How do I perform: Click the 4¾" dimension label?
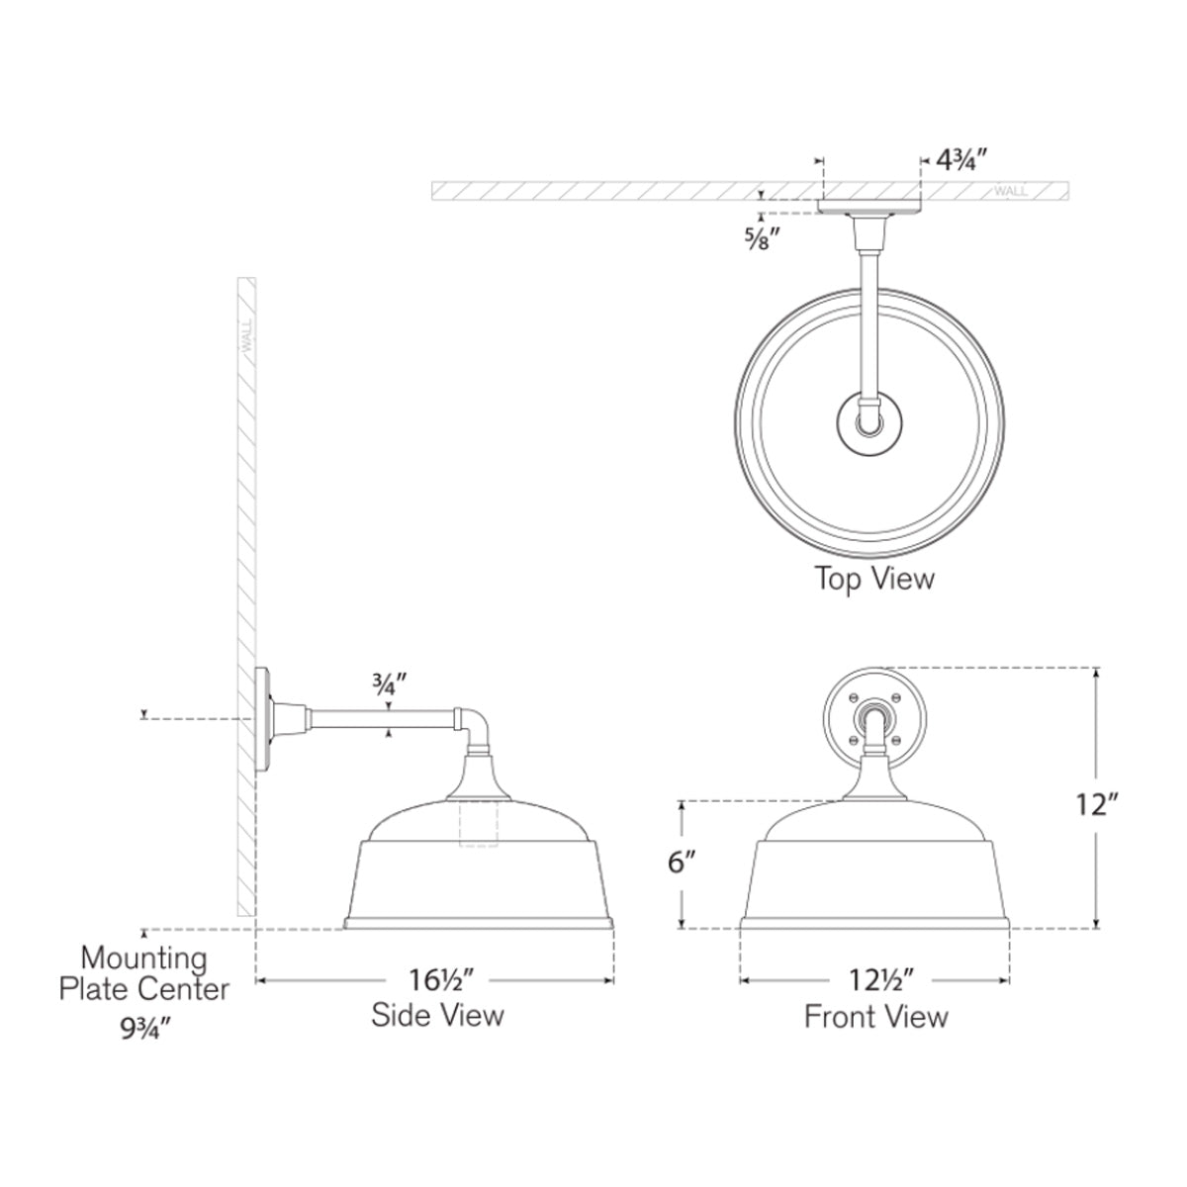961,161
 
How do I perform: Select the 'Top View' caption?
874,579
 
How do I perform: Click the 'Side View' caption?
437,1015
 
